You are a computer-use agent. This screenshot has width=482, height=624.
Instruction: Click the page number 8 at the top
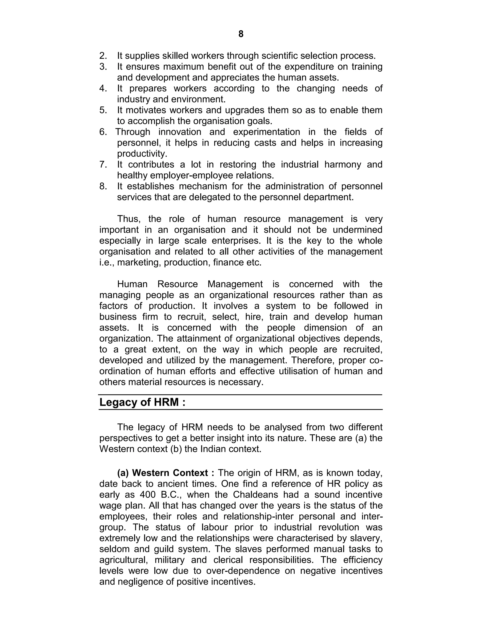(241, 34)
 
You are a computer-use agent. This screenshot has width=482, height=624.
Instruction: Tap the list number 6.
(103, 132)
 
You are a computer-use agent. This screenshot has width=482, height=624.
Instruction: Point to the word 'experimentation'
(266, 132)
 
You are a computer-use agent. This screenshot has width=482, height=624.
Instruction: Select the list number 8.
(103, 186)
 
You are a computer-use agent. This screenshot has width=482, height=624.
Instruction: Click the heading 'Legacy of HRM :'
(142, 402)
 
